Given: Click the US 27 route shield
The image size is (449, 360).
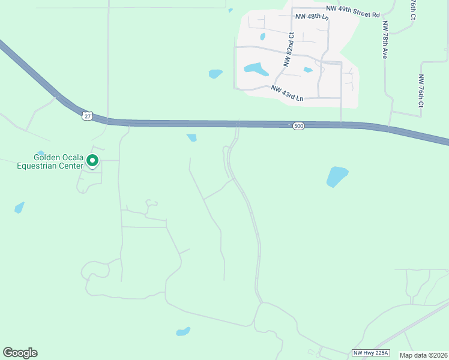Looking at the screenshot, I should pos(88,116).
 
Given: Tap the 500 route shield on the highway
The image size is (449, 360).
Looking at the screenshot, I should pos(298,126).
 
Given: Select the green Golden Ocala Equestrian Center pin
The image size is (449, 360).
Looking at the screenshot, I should pos(92,161).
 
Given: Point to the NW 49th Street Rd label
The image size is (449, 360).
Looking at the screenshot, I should pos(353,11).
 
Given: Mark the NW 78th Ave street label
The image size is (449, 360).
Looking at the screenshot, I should pos(384,40).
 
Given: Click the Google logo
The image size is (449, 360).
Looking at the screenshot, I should pos(20,353).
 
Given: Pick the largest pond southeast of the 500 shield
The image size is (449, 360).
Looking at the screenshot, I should pos(337,176).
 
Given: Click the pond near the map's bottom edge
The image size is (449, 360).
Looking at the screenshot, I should pos(183,331).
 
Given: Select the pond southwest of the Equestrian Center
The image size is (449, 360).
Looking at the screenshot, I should pos(19,208).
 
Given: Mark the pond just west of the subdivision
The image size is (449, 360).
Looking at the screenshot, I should pos(215,74).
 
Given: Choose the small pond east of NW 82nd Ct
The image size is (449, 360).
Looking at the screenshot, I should pos(308,70).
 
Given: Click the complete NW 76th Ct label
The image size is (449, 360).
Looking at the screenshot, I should pos(421,91).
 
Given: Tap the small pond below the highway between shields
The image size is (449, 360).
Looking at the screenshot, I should pos(191,137).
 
